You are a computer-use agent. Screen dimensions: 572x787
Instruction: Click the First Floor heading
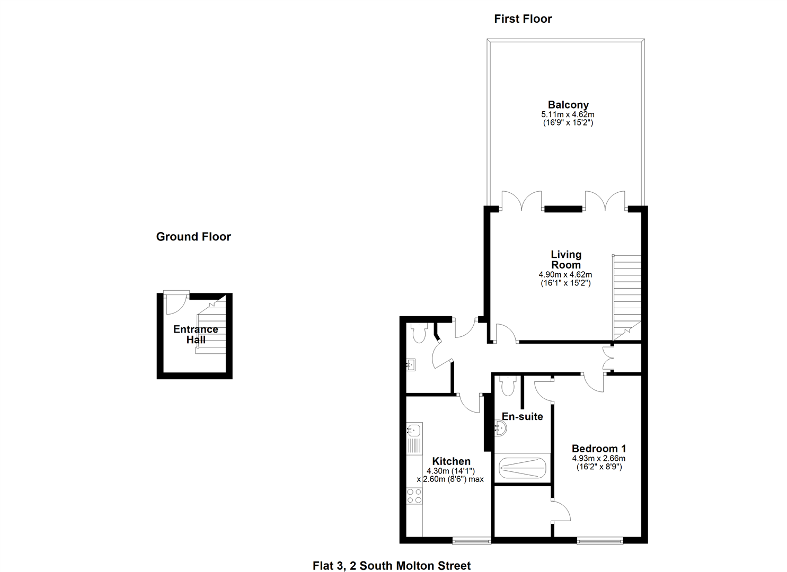(523, 19)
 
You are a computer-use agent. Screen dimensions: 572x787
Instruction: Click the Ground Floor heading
(193, 237)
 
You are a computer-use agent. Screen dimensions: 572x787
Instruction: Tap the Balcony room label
(568, 105)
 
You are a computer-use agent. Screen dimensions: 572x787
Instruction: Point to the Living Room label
(565, 260)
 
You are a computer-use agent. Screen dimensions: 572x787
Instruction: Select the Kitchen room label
(451, 461)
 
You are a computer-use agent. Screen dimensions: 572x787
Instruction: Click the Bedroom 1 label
(598, 449)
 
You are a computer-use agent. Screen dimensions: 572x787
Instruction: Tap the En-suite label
(522, 417)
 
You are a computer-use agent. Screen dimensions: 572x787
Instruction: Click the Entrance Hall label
(196, 334)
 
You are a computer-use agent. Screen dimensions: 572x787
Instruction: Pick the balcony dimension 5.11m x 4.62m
(568, 114)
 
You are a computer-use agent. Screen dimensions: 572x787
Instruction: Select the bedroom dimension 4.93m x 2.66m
(598, 459)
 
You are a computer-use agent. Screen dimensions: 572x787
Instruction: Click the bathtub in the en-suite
(523, 468)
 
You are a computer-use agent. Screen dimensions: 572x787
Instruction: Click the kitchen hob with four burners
(414, 496)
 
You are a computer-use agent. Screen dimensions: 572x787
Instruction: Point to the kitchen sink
(414, 430)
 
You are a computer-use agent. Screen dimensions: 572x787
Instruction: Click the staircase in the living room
(627, 297)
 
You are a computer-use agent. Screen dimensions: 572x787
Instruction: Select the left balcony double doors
(521, 201)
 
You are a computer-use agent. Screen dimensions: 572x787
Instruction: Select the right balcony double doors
(605, 201)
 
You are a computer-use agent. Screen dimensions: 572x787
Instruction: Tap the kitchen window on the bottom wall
(471, 540)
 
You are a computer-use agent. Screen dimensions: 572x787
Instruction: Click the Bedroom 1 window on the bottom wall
(600, 540)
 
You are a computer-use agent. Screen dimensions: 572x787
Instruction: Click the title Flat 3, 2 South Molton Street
(392, 566)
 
